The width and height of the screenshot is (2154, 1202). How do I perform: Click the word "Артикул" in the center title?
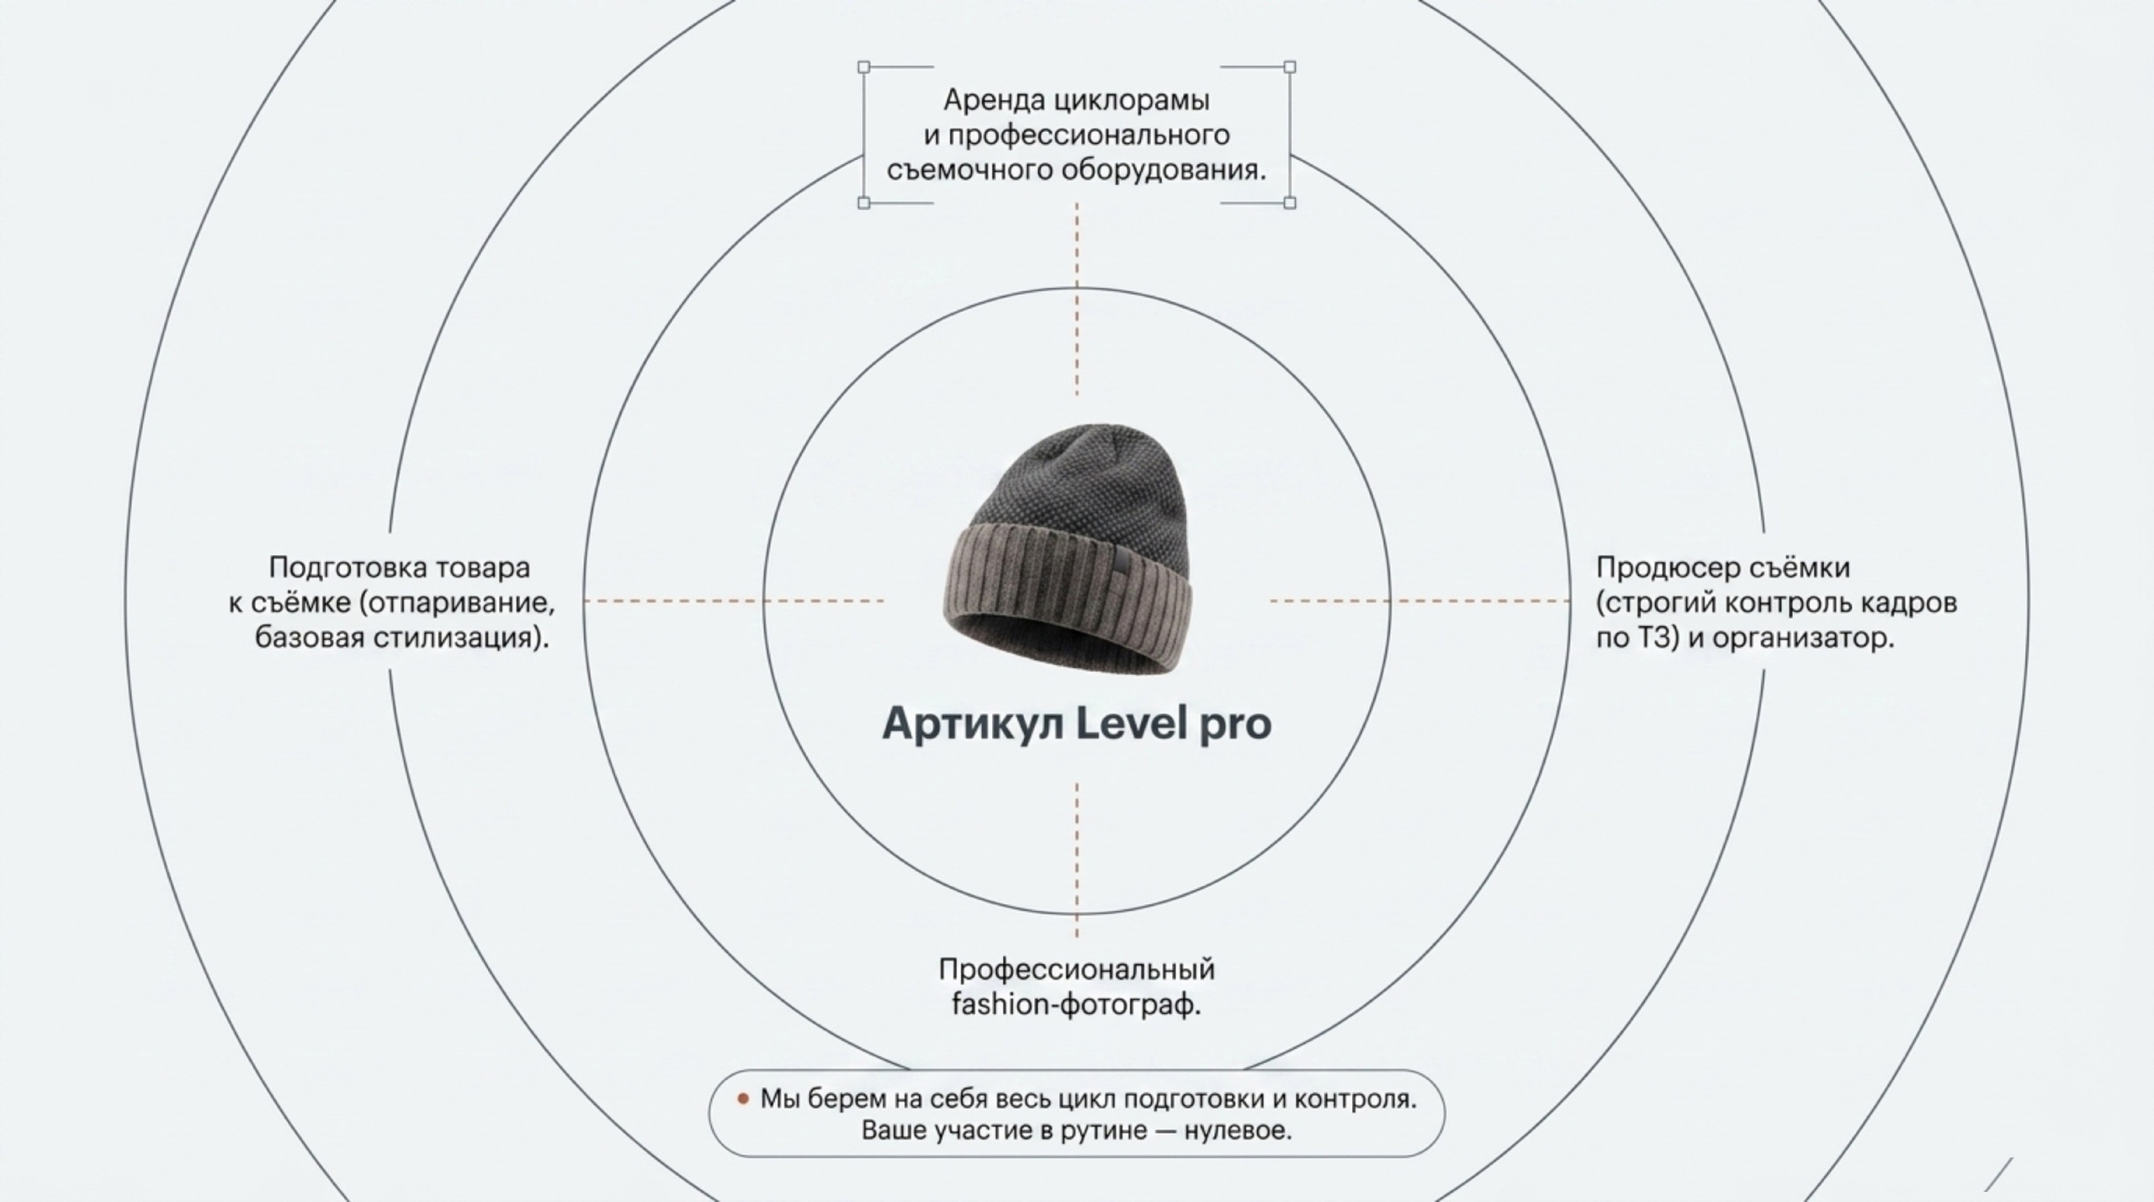point(973,723)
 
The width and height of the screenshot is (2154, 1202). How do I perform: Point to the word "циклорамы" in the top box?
point(1133,101)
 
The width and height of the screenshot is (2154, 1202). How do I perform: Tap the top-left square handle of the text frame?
point(863,66)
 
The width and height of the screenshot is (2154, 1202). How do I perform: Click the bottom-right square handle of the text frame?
point(1290,203)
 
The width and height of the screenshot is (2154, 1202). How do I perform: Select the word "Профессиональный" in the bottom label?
point(1077,970)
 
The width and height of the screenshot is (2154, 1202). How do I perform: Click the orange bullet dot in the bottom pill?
point(743,1099)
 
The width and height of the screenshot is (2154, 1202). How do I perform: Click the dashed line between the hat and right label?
point(1419,601)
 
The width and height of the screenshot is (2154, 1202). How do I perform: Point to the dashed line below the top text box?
point(1077,299)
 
